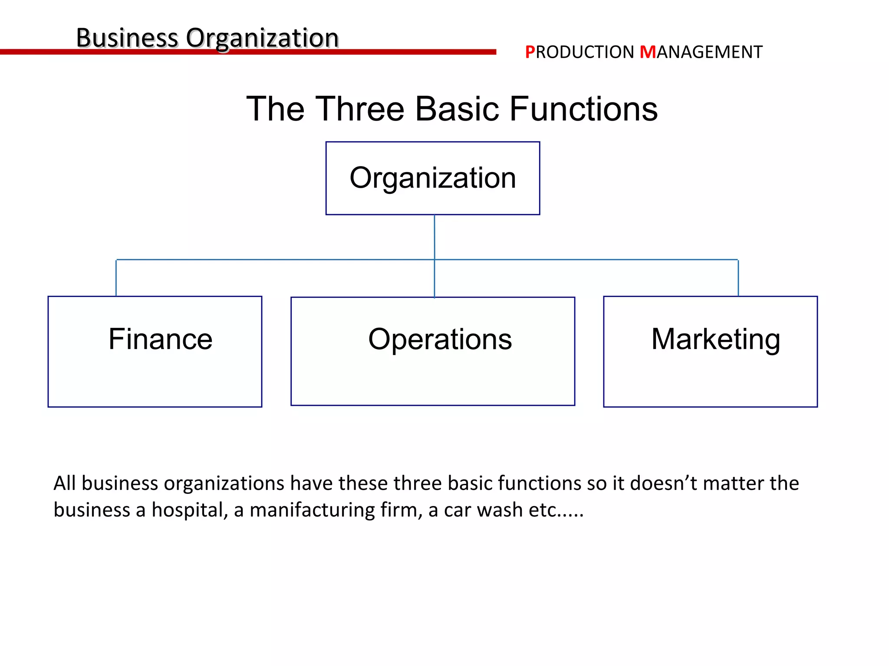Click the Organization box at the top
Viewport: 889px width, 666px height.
433,178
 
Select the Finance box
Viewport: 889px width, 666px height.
155,351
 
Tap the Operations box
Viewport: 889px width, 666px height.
433,351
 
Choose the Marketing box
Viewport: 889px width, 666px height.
710,351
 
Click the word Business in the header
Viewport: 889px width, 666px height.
127,38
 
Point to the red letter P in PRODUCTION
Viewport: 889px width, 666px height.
530,52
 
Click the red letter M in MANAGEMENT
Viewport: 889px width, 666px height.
648,52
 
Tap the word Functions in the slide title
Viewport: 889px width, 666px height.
583,109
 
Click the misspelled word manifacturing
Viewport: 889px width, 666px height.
312,510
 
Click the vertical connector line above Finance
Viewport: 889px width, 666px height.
116,278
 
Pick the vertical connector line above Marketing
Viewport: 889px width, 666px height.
738,278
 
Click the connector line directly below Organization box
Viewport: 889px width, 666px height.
435,237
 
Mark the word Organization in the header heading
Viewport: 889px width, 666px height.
262,38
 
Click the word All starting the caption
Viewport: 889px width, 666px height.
65,483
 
